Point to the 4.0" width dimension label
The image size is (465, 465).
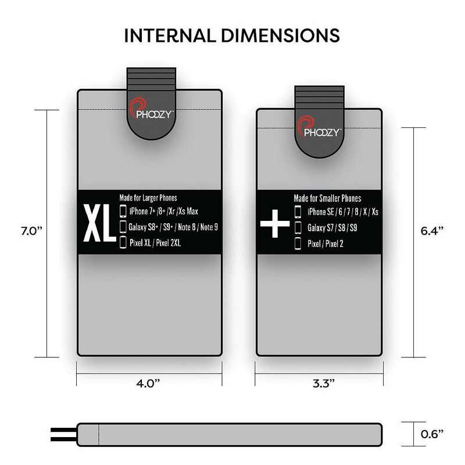[149, 384]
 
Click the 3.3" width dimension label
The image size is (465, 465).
[318, 384]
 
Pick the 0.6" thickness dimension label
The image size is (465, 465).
[432, 433]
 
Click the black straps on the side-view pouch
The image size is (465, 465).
[63, 433]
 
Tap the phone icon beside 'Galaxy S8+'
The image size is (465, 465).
[123, 227]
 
